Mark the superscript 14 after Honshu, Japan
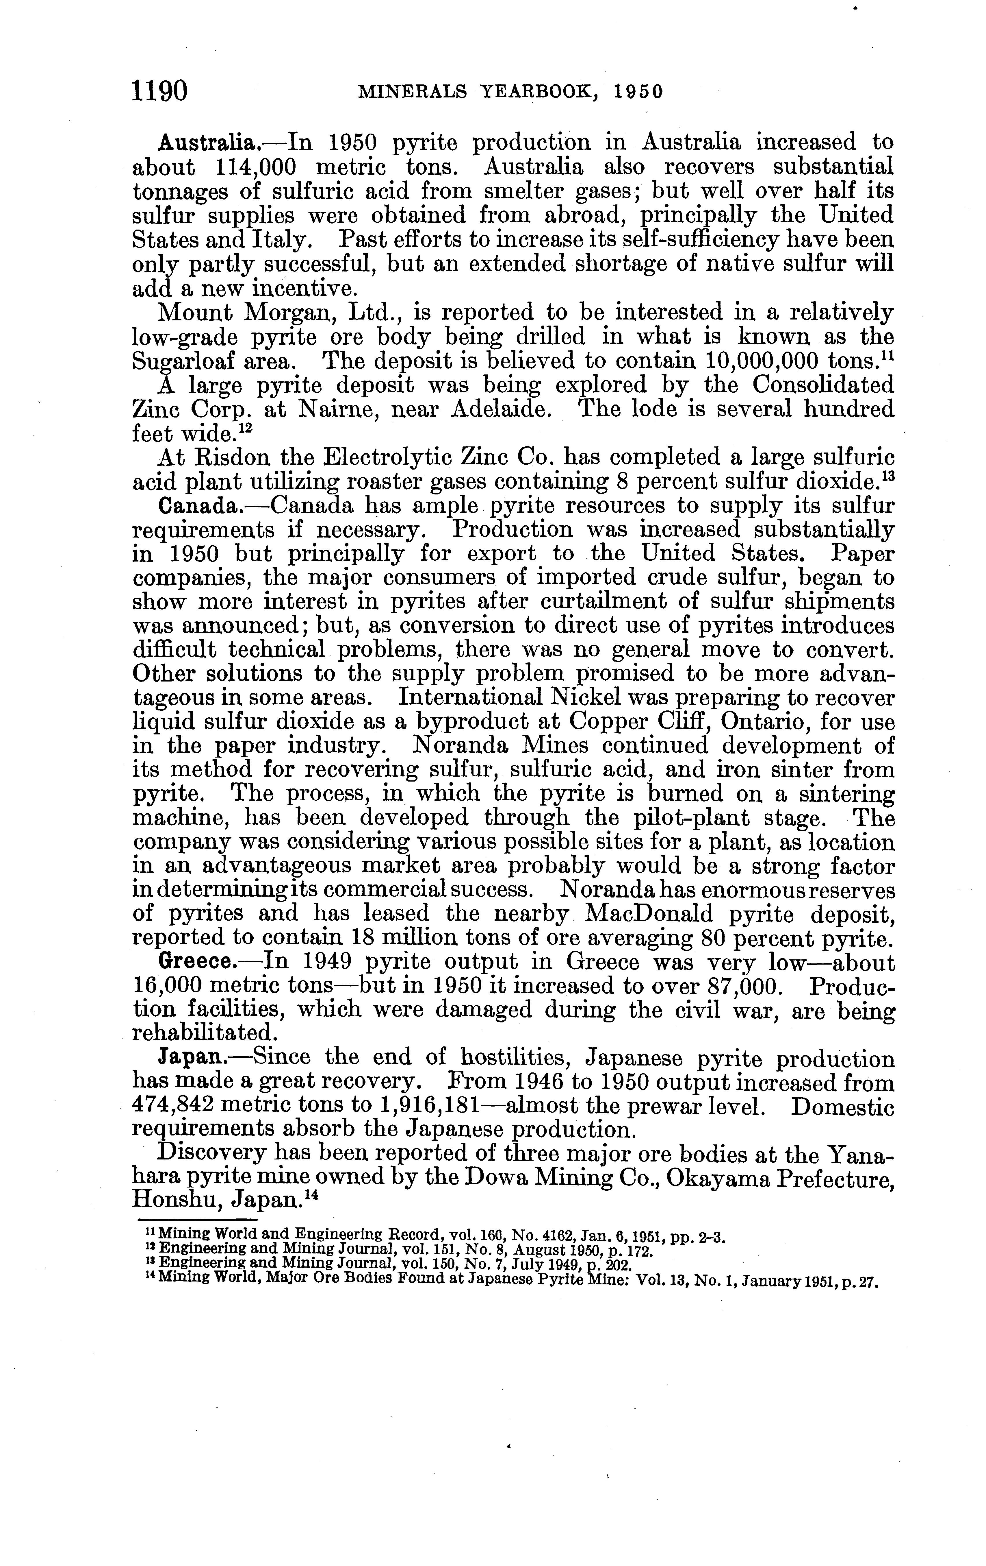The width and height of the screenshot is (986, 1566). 307,1196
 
